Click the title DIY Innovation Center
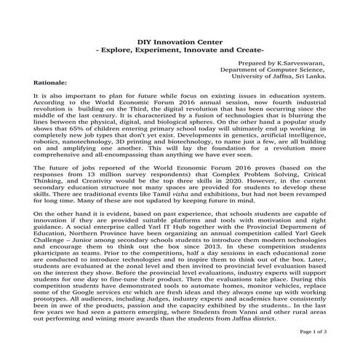click(x=180, y=44)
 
